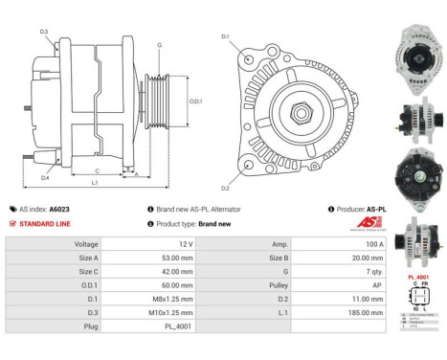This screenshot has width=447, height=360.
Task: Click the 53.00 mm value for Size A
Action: click(x=169, y=258)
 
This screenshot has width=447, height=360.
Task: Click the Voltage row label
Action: click(x=86, y=244)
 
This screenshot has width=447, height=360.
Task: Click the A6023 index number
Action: click(x=59, y=209)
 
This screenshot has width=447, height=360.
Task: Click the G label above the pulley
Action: click(x=159, y=45)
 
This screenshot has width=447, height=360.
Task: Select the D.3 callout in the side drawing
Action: click(x=45, y=33)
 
